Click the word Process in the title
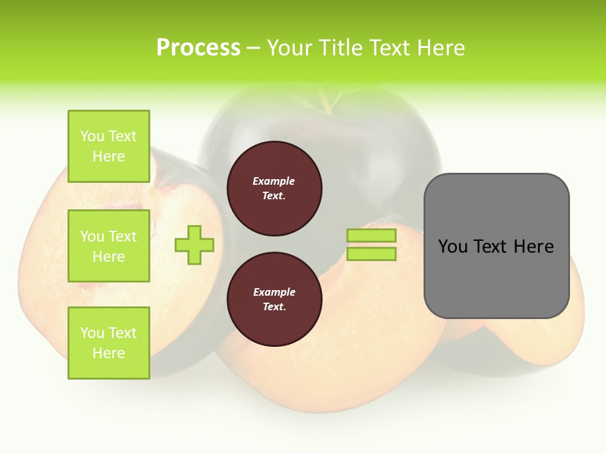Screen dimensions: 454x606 (x=198, y=48)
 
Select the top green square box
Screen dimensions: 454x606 (x=109, y=146)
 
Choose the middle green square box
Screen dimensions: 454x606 (x=109, y=246)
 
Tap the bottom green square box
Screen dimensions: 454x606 (x=109, y=343)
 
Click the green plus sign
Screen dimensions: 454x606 (x=194, y=245)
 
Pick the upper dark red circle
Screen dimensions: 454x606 (x=274, y=189)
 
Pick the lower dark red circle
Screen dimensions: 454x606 (x=274, y=300)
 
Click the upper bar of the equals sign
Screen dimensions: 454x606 (x=371, y=236)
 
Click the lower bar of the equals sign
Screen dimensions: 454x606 (x=371, y=254)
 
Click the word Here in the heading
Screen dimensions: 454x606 (x=439, y=48)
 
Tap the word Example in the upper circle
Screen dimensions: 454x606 (x=274, y=181)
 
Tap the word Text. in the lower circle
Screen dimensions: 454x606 (x=274, y=307)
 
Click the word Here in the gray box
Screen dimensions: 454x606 (x=533, y=247)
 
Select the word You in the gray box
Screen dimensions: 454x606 (x=453, y=247)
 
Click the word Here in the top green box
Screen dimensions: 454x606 (x=109, y=156)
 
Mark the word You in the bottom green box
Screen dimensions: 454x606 (x=92, y=333)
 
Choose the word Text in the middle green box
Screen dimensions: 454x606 (x=122, y=236)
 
